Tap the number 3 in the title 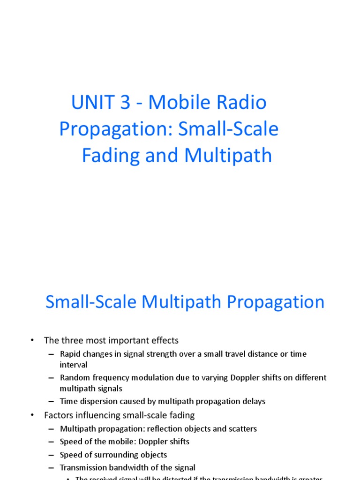[125, 103]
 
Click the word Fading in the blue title [110, 155]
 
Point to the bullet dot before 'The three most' [32, 340]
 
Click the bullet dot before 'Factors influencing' [32, 415]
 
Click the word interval [74, 365]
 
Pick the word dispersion [98, 401]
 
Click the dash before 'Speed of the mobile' [51, 442]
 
